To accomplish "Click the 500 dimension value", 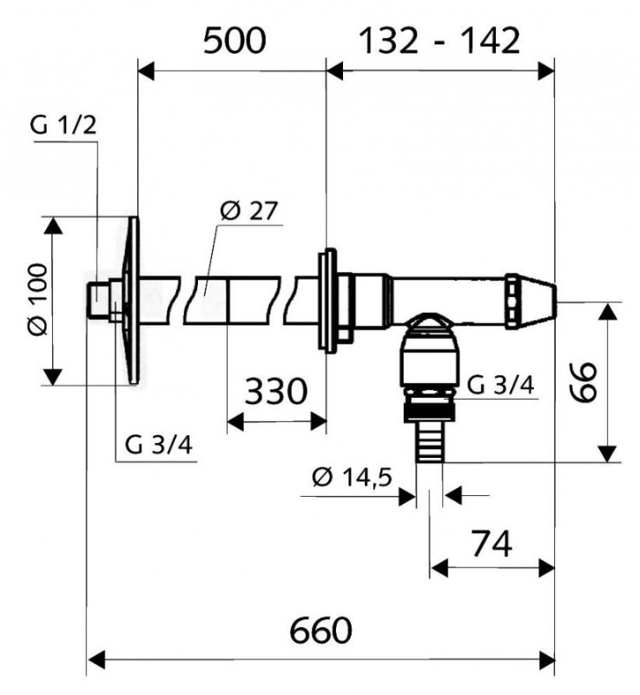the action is click(234, 41).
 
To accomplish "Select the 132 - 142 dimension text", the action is click(439, 41).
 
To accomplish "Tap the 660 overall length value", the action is click(320, 631).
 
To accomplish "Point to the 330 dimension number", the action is click(275, 392).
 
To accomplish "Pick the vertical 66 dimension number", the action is click(583, 382).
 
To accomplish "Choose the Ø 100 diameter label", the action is click(37, 300).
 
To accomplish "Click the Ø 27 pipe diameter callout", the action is click(249, 210).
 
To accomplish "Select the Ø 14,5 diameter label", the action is click(352, 477).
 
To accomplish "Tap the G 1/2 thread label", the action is click(63, 126).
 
